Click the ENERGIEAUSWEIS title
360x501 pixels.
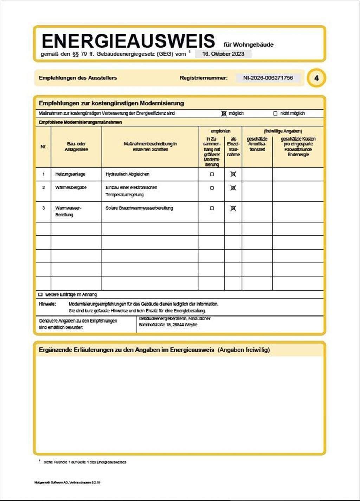click(x=128, y=41)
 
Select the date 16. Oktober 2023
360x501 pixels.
click(x=223, y=54)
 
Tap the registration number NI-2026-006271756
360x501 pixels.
click(x=268, y=78)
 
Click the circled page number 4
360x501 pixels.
click(x=316, y=78)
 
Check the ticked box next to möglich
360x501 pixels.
click(x=224, y=113)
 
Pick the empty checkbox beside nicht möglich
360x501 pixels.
click(x=275, y=113)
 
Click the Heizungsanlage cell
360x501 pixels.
click(x=70, y=174)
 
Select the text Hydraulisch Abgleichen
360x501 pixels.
click(x=127, y=174)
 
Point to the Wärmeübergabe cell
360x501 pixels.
click(x=71, y=187)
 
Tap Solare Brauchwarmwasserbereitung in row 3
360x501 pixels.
click(x=139, y=208)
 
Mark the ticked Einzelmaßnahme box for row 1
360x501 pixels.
click(x=233, y=174)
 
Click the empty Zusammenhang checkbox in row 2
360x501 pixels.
click(x=212, y=188)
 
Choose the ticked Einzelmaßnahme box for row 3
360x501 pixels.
click(x=233, y=208)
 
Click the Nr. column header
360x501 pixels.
click(x=43, y=147)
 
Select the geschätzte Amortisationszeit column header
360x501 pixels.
click(x=257, y=144)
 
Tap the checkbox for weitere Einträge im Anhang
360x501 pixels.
click(x=40, y=294)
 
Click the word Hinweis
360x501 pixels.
click(x=47, y=304)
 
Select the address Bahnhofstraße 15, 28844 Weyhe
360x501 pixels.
click(x=168, y=325)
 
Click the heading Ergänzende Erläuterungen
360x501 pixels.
click(x=127, y=350)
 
